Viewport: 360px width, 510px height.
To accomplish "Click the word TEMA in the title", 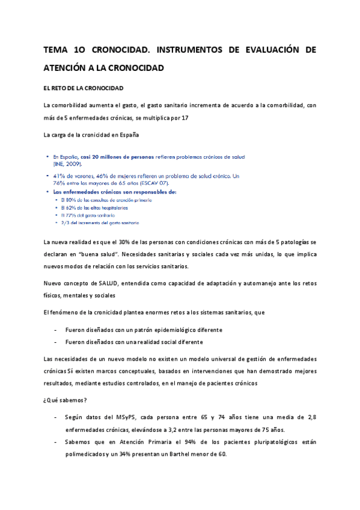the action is pos(55,51).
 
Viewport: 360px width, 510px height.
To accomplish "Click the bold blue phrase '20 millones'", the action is pos(116,156).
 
